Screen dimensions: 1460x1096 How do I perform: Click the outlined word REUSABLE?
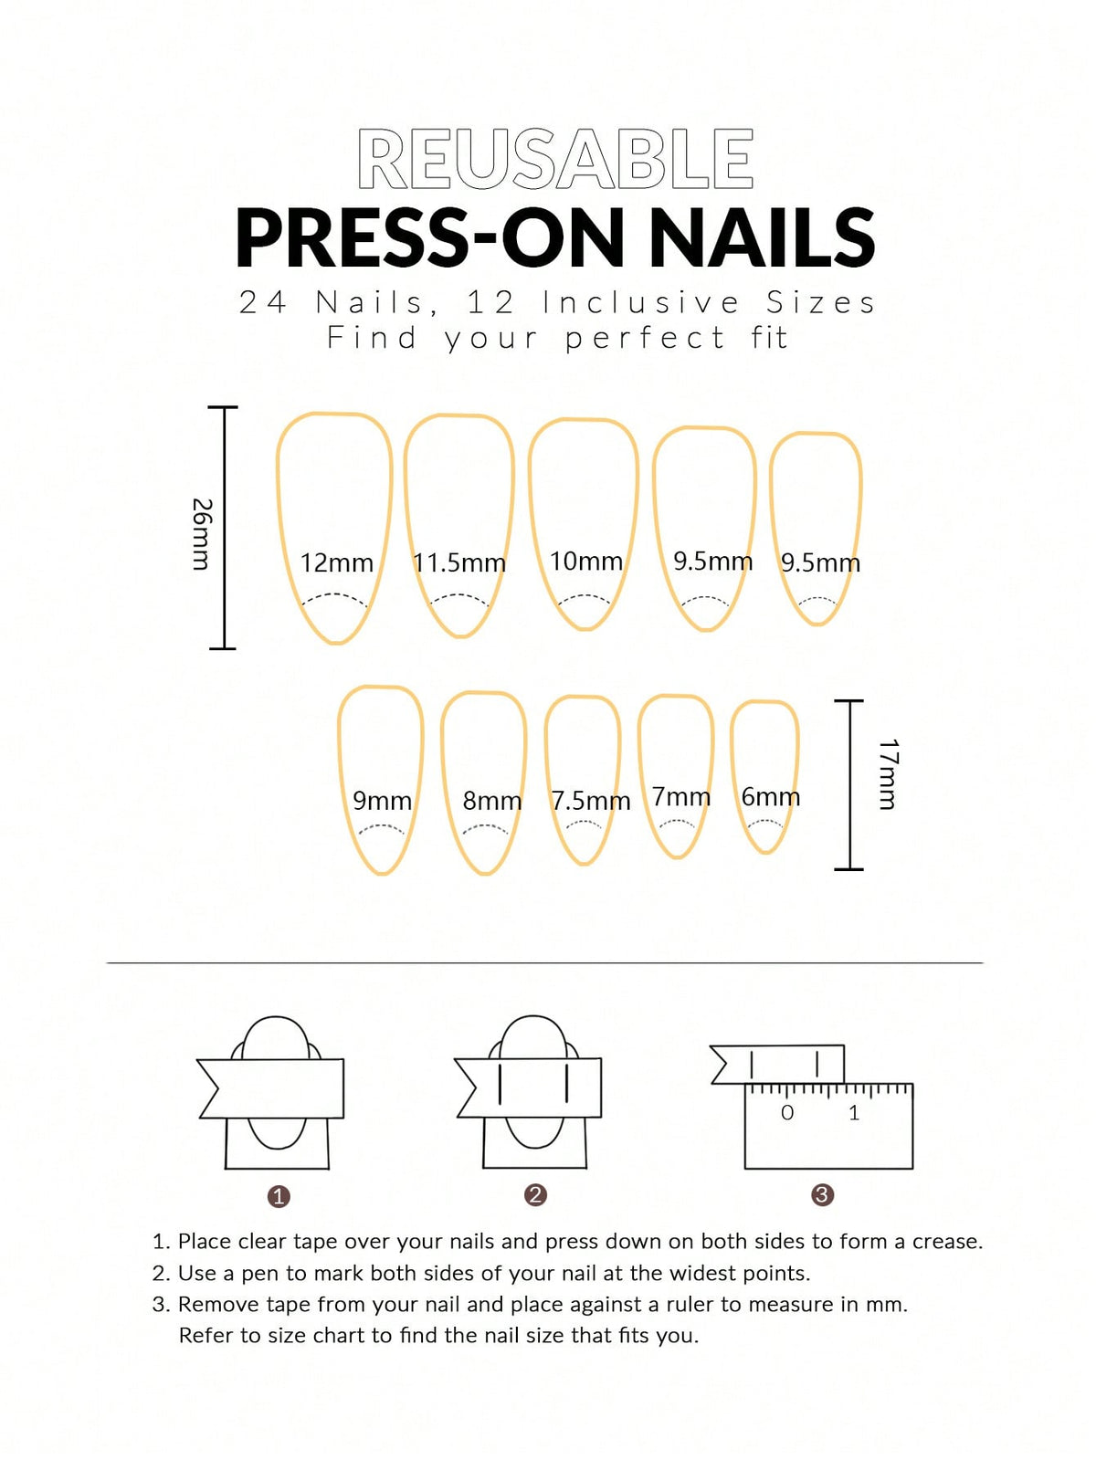point(555,160)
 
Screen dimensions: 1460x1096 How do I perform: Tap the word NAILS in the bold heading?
point(761,237)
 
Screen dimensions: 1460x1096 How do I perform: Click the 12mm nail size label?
point(336,562)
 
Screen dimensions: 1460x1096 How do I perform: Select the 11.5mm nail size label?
point(458,562)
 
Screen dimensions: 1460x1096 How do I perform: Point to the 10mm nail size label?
point(585,561)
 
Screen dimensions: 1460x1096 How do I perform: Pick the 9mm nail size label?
point(382,801)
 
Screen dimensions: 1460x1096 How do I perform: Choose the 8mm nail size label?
point(491,801)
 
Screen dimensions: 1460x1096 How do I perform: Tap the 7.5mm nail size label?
point(590,801)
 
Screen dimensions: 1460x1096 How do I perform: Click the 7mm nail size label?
point(680,796)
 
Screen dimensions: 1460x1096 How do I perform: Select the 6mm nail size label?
point(770,797)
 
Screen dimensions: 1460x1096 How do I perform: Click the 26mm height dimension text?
point(202,534)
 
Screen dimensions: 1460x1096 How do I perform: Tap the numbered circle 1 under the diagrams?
point(279,1196)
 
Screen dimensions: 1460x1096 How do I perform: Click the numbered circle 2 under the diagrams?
point(535,1194)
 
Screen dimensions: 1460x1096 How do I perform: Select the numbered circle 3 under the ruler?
point(822,1194)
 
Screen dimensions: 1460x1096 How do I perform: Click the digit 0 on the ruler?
point(787,1112)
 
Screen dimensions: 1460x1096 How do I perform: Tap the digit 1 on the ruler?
point(854,1112)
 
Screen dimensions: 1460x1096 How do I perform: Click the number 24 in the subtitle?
point(262,302)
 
